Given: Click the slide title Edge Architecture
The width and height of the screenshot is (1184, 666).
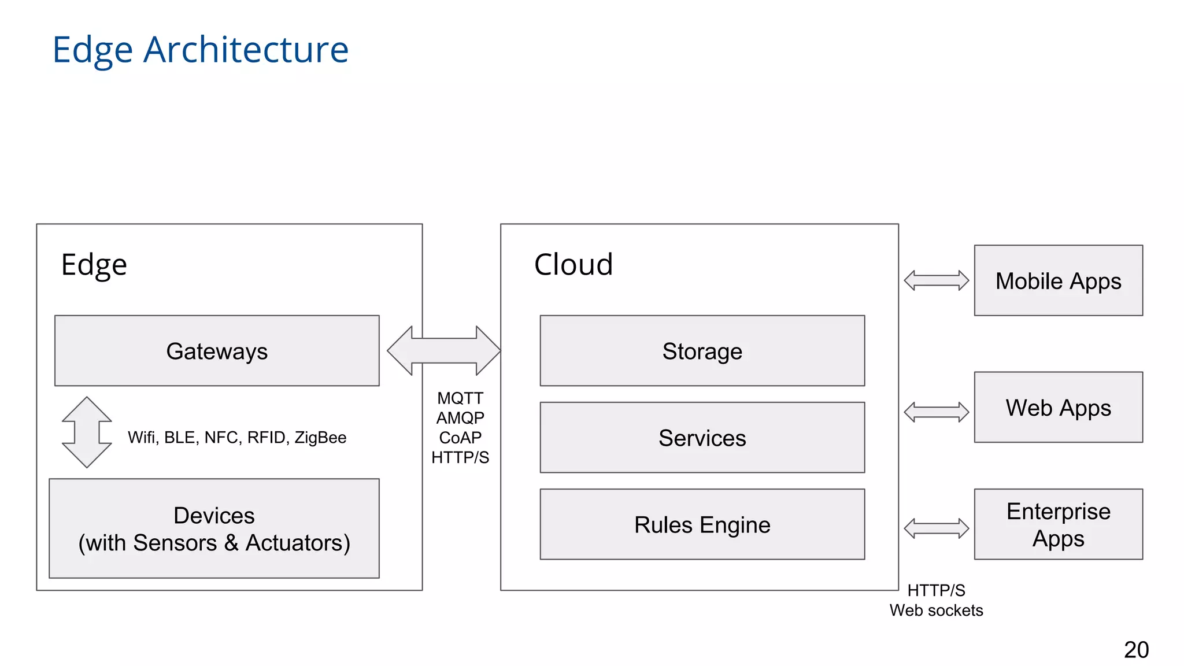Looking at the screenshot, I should pos(200,50).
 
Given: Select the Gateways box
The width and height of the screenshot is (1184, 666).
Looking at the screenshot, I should pos(217,351).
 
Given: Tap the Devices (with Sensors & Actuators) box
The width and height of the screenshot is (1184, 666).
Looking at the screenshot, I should pos(214,528).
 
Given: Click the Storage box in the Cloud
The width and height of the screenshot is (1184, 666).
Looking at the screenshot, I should pos(702,351).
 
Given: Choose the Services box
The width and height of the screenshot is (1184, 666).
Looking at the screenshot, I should pos(702,438).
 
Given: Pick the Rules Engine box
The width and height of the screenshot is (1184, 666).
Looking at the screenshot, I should pos(702,524).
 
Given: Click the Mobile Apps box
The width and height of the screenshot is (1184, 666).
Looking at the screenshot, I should pos(1058,281).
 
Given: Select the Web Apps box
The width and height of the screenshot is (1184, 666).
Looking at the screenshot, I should pos(1058,408).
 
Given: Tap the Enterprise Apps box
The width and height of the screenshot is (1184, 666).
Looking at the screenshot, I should pos(1058,524).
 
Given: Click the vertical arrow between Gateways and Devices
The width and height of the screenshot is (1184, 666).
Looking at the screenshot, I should pos(87,432).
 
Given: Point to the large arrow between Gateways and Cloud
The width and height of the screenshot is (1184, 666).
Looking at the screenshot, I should pos(443,350).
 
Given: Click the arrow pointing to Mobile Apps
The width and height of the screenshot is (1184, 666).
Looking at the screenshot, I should pos(936,280).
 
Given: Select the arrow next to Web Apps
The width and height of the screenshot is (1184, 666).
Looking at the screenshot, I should pos(936,412).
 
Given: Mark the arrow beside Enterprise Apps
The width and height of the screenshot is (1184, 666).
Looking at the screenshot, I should pos(936,528).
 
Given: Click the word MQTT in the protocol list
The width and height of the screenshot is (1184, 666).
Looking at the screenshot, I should pos(460,398).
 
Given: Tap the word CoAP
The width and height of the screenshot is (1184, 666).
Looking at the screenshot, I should pos(460,438).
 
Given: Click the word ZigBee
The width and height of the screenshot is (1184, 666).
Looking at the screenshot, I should pos(320,438).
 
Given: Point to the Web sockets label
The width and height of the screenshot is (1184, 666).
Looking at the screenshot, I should pos(936,610).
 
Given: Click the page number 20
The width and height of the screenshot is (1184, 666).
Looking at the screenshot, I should pos(1136,650).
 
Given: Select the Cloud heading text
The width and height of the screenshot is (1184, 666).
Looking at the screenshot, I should pos(573,265).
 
